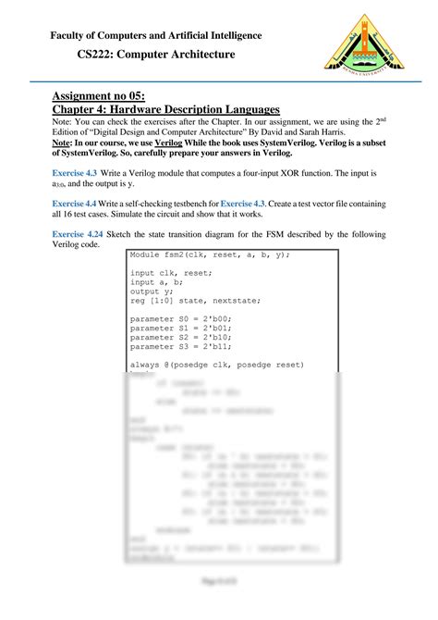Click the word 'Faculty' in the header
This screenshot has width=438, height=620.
[71, 35]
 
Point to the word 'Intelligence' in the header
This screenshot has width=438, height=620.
[228, 35]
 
